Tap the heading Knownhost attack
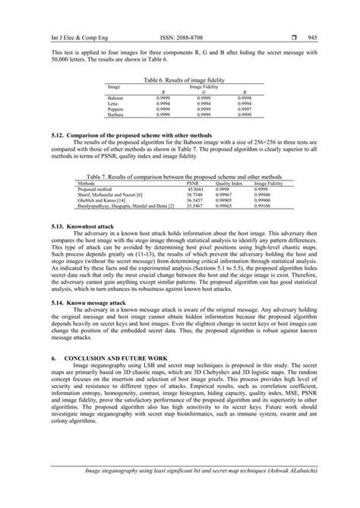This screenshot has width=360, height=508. [x=84, y=227]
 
